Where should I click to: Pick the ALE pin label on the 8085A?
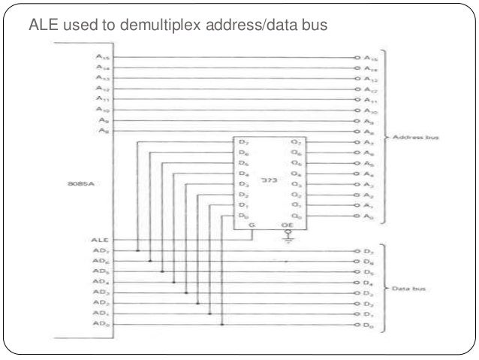101,240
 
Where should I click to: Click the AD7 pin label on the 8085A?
101,250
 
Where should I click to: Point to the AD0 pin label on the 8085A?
101,325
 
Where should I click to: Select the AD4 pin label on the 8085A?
101,282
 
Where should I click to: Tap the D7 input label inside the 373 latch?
242,143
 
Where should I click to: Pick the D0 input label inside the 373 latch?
242,216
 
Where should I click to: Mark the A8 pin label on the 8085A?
101,131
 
